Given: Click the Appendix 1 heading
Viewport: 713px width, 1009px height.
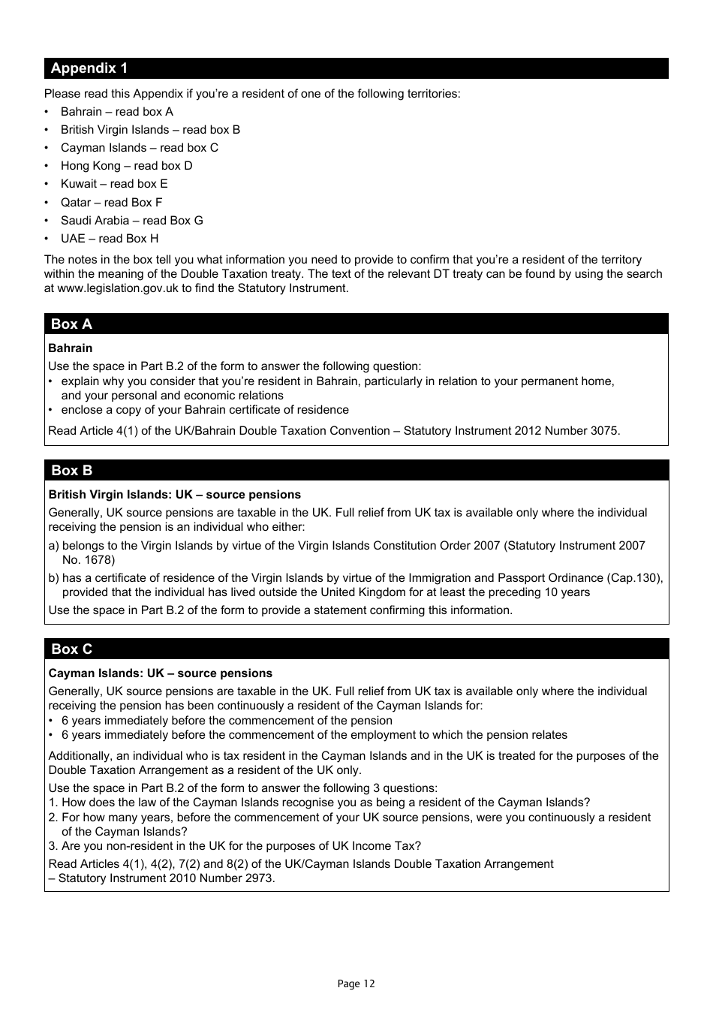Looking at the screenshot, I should point(89,68).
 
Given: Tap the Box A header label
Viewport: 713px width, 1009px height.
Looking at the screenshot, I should point(71,324).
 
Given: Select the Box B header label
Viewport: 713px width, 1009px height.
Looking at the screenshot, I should point(71,471).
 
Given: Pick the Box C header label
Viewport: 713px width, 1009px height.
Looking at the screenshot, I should point(71,649).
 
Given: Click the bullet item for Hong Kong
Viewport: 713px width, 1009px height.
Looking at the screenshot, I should point(126,166).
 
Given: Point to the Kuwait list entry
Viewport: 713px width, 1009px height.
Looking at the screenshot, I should point(114,184).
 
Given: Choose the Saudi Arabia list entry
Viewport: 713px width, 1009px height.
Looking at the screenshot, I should point(131,221).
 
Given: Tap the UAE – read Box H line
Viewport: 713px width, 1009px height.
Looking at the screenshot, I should point(110,239).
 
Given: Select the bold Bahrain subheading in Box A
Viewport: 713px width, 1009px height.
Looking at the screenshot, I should point(71,348).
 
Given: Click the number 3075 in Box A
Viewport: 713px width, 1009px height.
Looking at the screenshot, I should point(604,431).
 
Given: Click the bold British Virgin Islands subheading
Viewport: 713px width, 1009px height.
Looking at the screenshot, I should point(174,495).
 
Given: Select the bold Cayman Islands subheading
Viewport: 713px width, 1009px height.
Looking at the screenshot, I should point(160,673).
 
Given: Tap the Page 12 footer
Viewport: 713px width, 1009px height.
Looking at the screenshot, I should point(356,983).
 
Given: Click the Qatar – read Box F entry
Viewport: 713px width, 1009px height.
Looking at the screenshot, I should point(111,203).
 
